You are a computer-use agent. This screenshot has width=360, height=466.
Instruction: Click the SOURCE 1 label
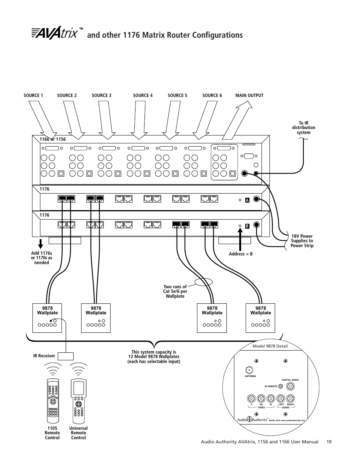[x=33, y=95]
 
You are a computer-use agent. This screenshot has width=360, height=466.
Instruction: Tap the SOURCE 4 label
[x=143, y=95]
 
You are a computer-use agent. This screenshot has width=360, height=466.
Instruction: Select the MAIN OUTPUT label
[x=249, y=95]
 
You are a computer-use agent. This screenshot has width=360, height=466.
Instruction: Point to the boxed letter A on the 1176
[x=248, y=200]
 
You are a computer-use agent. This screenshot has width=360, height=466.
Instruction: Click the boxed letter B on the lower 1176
[x=248, y=226]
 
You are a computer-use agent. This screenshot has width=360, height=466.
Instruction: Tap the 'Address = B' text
[x=240, y=254]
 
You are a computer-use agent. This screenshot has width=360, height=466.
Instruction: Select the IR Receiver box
[x=66, y=356]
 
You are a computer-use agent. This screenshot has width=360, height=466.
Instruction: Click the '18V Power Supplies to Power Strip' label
[x=302, y=241]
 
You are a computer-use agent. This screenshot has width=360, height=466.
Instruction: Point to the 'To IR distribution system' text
[x=303, y=128]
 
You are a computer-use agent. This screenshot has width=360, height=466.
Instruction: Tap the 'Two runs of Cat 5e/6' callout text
[x=175, y=292]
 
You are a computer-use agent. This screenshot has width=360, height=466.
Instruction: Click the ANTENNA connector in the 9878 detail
[x=250, y=369]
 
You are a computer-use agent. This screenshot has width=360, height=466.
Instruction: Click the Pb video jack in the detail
[x=261, y=398]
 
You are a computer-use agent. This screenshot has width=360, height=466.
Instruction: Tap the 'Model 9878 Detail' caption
[x=270, y=346]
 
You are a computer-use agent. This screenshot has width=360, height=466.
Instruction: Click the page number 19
[x=329, y=442]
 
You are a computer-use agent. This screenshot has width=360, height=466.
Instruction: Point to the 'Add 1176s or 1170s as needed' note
[x=42, y=258]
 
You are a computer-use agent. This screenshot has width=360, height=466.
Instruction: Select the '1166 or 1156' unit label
[x=52, y=139]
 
